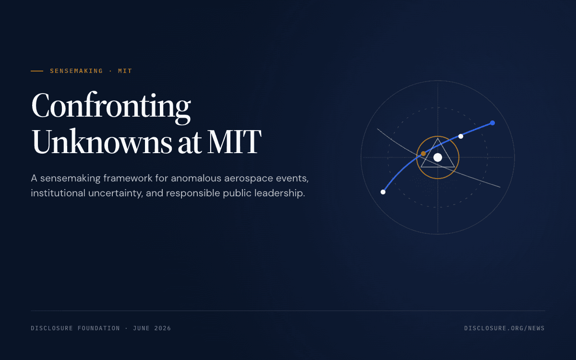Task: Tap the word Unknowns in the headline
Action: [102, 141]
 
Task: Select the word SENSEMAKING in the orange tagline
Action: [76, 71]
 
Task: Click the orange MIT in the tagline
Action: [125, 71]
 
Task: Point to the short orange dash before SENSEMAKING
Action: [37, 71]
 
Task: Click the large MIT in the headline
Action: [234, 142]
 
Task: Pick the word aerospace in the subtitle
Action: [249, 179]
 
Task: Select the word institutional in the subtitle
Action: [58, 193]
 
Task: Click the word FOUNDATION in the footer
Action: [99, 328]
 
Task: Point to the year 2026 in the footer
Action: [163, 328]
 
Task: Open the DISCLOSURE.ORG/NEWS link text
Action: [504, 328]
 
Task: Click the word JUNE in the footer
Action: [141, 328]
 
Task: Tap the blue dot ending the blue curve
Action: [492, 123]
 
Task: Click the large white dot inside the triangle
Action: [438, 157]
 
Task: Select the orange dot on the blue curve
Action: [423, 154]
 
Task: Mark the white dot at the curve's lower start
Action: [383, 192]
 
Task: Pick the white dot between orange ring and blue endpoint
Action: [461, 136]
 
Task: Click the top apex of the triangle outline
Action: [438, 138]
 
